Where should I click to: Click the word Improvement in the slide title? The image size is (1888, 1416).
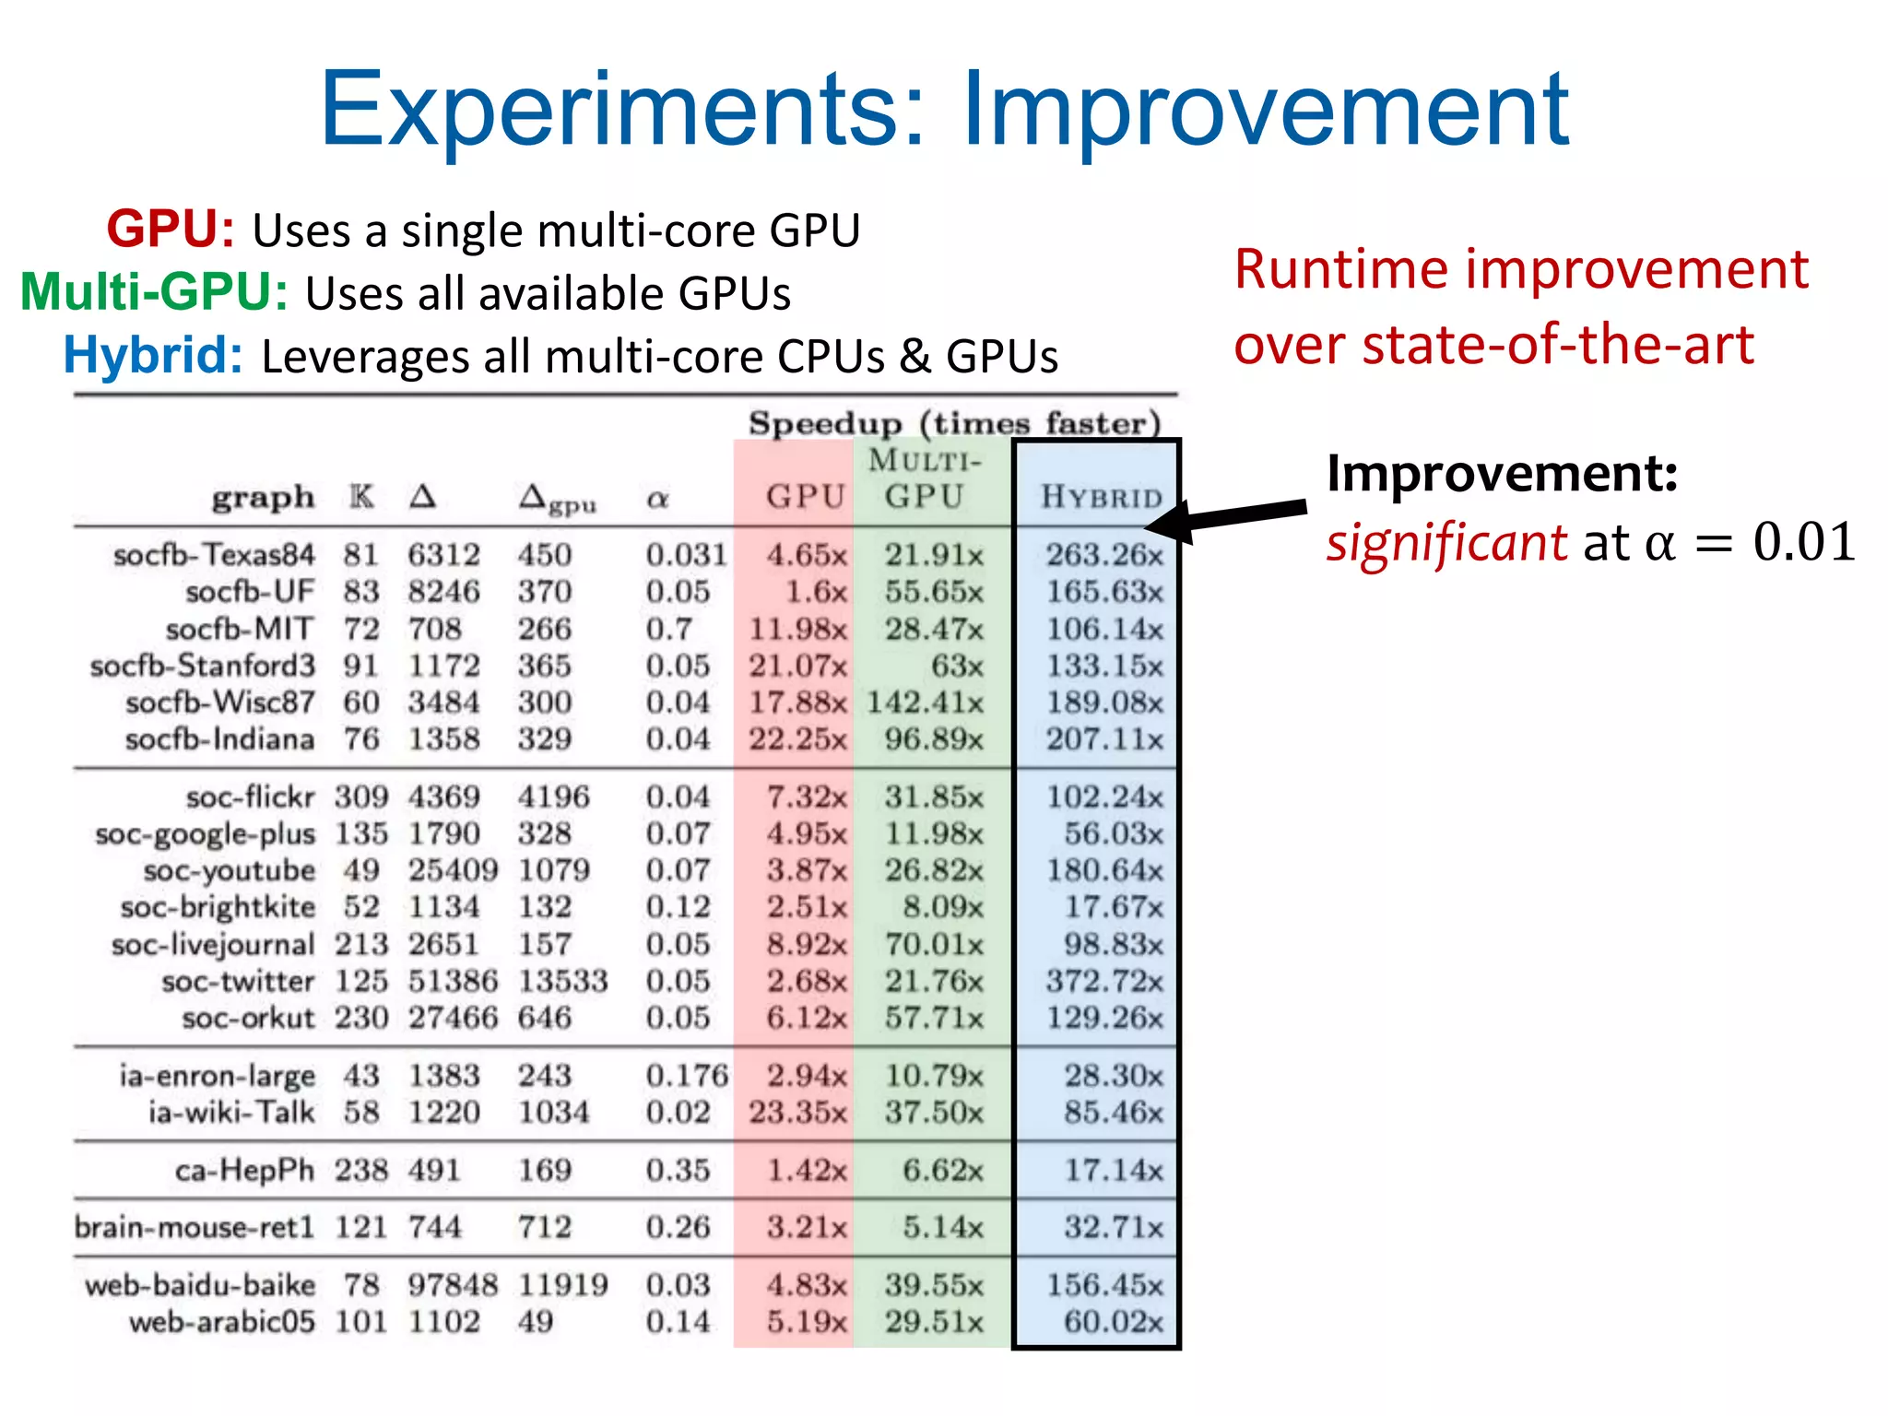(1265, 111)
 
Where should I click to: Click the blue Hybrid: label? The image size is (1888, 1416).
(153, 355)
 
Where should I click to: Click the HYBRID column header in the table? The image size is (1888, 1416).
(1102, 498)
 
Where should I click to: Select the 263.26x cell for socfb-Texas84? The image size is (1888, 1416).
(1103, 555)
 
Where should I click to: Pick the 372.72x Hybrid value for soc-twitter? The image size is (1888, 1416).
(1103, 981)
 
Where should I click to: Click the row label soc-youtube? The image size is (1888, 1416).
(229, 870)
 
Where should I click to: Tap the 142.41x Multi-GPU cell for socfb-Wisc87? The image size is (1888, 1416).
(925, 702)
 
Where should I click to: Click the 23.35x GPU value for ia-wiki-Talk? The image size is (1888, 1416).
(796, 1112)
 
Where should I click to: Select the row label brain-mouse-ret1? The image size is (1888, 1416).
(195, 1227)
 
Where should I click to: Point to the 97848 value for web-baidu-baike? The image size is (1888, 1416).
(452, 1284)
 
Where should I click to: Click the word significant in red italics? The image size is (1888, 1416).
(1445, 543)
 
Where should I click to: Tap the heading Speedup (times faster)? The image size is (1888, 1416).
(954, 423)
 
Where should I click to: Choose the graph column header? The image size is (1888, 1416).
(263, 498)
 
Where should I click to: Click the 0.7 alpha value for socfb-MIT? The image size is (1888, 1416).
(668, 629)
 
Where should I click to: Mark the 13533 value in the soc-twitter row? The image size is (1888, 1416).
(562, 981)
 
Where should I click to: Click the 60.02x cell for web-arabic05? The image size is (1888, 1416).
(1113, 1322)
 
